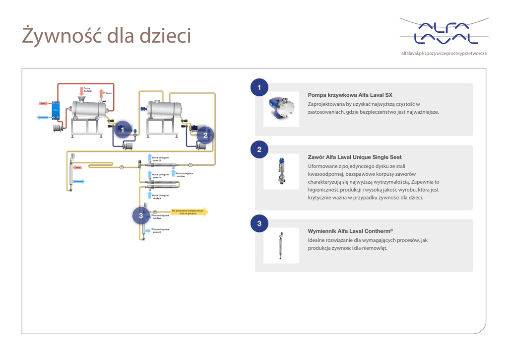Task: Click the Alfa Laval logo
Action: [444, 33]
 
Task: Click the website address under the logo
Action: [444, 53]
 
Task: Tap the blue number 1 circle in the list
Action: [259, 87]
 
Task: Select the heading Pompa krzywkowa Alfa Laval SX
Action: [350, 95]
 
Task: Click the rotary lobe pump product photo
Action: [281, 108]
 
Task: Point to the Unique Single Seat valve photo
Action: [281, 171]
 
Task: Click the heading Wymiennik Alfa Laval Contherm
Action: [350, 231]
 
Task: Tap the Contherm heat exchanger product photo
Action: [281, 245]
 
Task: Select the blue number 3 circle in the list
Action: [259, 223]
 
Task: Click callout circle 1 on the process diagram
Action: [122, 130]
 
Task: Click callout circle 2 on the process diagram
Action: [205, 135]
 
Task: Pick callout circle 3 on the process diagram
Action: [141, 216]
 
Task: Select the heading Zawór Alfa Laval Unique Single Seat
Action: [354, 157]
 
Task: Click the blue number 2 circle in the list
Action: [259, 149]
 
